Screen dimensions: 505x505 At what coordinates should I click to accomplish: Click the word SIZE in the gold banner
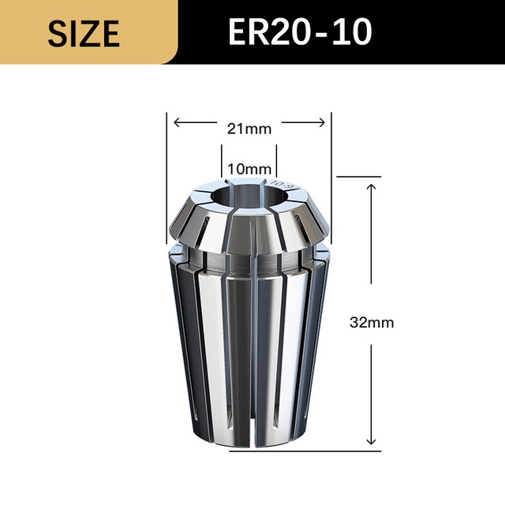click(84, 33)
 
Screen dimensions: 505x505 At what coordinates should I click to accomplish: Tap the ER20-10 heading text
click(300, 32)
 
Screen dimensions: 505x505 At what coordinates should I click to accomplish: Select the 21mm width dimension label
click(249, 129)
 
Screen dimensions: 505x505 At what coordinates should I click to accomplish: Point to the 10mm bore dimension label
click(249, 169)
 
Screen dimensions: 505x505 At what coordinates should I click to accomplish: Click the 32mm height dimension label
click(372, 323)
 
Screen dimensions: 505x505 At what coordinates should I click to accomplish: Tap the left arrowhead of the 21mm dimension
click(177, 122)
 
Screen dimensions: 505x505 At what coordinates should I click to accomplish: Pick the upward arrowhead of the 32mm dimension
click(372, 187)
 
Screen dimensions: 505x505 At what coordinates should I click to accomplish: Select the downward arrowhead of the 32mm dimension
click(372, 441)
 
